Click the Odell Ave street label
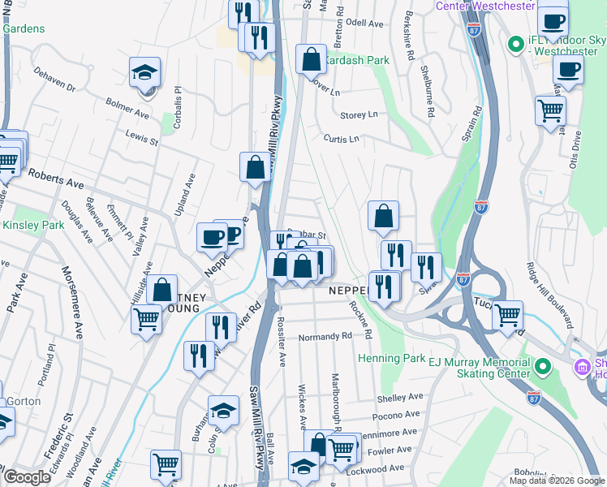[x=364, y=24]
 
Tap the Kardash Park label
[x=356, y=60]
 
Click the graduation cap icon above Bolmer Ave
[x=144, y=73]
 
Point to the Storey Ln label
[x=359, y=115]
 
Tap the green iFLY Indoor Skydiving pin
[x=514, y=42]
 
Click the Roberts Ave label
[x=56, y=179]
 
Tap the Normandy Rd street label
[x=325, y=336]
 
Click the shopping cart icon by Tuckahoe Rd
[x=507, y=315]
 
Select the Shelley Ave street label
[x=400, y=397]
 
